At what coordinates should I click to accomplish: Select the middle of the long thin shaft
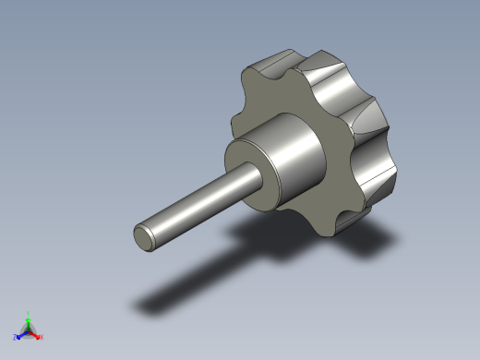[198, 203]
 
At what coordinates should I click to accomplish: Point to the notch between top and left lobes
[242, 92]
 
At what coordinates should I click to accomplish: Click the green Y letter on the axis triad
[29, 313]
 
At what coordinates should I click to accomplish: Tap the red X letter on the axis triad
[42, 337]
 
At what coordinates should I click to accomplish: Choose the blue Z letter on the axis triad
[16, 337]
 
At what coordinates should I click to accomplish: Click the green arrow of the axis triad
[29, 322]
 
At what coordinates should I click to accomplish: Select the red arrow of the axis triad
[35, 333]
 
